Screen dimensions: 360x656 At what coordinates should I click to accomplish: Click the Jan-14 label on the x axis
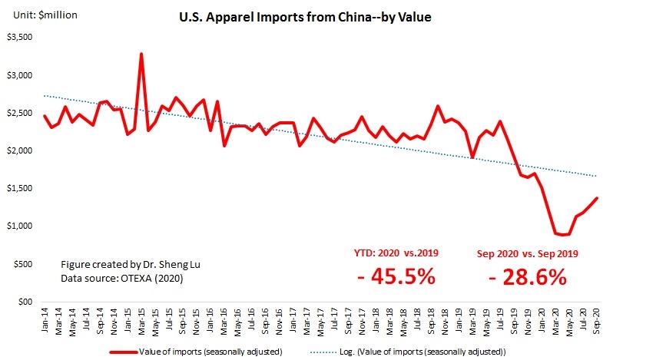tap(45, 321)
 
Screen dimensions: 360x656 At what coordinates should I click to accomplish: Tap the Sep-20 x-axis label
tap(597, 321)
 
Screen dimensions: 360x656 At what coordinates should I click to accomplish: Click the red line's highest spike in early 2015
tap(141, 54)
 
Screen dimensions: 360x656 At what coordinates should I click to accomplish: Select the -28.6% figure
tap(528, 276)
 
